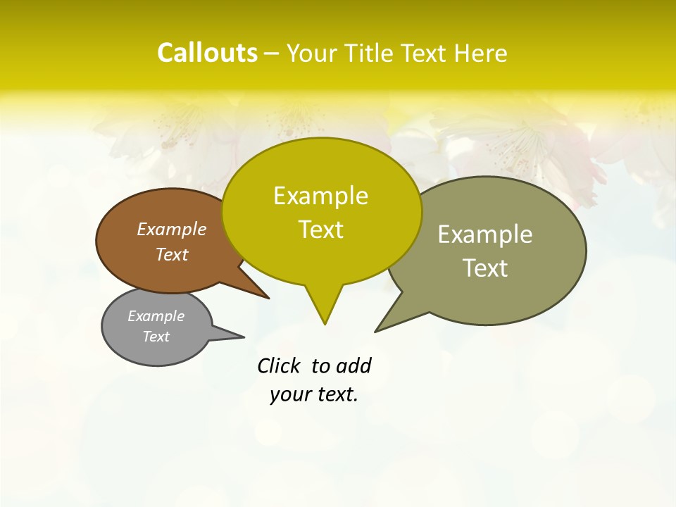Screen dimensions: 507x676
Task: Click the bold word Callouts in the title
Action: pos(207,53)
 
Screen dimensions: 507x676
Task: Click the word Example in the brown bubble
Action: pos(171,230)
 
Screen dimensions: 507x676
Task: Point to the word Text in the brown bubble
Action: pos(171,254)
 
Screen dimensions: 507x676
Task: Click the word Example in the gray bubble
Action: pos(156,316)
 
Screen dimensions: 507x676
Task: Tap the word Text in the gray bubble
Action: pos(156,337)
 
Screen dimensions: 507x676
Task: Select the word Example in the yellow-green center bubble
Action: pos(320,196)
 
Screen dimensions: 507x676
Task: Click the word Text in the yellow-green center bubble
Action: pos(320,230)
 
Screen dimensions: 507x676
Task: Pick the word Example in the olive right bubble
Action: pos(485,234)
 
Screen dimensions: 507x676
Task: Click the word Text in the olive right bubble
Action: pos(485,268)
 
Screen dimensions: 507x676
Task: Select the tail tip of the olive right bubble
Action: pos(377,330)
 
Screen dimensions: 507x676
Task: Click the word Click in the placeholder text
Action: pos(279,366)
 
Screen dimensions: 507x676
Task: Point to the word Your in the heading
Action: pos(311,54)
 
